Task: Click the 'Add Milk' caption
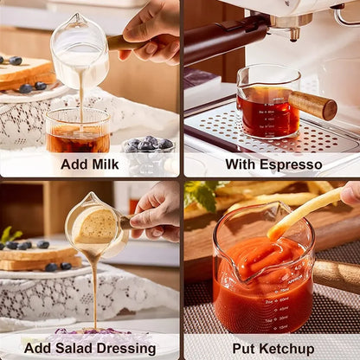[x=91, y=164]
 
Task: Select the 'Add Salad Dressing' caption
[x=90, y=348]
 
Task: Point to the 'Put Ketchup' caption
[x=273, y=348]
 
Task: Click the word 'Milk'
[x=107, y=164]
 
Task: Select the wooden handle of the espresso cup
[x=313, y=105]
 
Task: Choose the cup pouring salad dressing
[x=93, y=227]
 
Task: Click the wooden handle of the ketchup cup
[x=337, y=275]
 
